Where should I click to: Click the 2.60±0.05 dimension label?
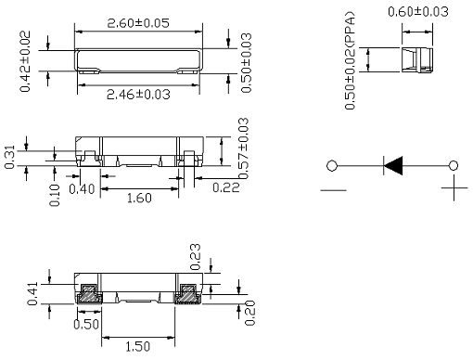138,23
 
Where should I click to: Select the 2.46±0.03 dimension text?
138,95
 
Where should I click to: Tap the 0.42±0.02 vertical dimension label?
25,61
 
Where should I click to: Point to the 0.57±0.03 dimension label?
243,148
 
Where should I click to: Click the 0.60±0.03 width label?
418,12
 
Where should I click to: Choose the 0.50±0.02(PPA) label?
350,60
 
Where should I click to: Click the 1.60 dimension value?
139,198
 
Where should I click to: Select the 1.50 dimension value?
138,346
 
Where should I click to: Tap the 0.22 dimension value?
226,187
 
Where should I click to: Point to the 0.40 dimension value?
82,189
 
